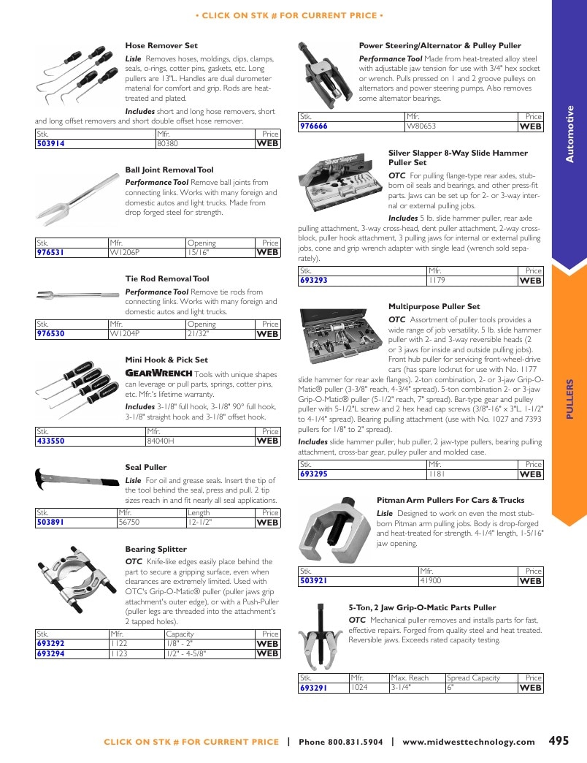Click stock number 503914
coord(50,143)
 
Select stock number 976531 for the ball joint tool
coord(50,253)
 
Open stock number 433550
coord(50,441)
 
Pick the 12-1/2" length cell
coord(200,523)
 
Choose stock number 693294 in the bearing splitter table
coord(50,654)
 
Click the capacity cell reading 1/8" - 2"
coord(180,644)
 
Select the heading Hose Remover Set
coord(161,46)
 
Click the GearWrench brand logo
coord(159,373)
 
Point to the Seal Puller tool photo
coord(77,479)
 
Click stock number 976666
coord(313,126)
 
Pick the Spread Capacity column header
coord(473,677)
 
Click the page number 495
coord(559,740)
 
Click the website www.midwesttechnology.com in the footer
coord(469,742)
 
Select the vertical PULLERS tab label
coord(570,399)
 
